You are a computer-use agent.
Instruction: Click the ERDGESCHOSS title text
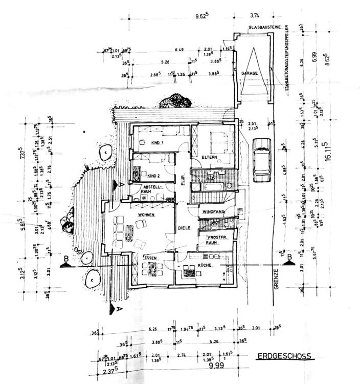(284, 356)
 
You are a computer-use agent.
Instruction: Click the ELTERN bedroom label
(210, 157)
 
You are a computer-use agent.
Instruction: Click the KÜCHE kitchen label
(205, 266)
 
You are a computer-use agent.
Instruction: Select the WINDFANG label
(212, 211)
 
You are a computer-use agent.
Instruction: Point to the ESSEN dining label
(152, 258)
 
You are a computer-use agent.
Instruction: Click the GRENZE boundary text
(276, 280)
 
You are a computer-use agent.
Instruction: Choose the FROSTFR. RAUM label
(216, 240)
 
